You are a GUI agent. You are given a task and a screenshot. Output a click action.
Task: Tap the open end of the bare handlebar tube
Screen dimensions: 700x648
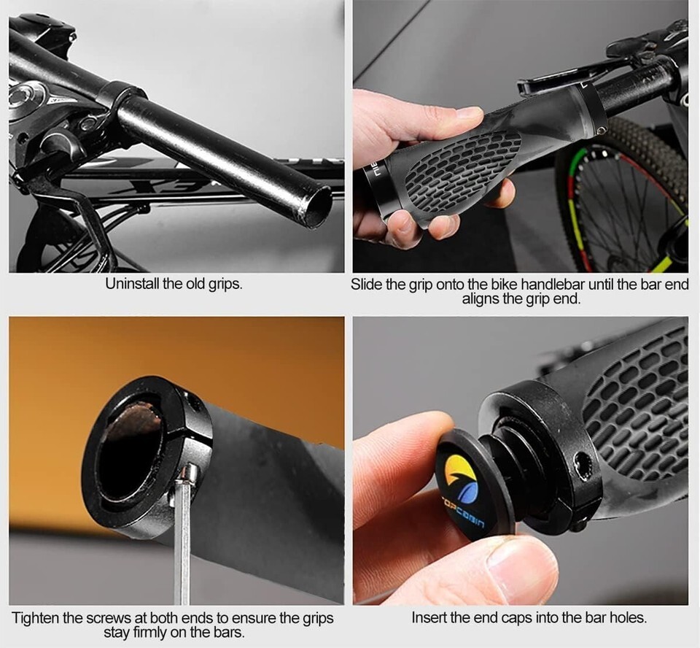(315, 207)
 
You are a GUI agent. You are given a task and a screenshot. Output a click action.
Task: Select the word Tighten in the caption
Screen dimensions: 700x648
(35, 618)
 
